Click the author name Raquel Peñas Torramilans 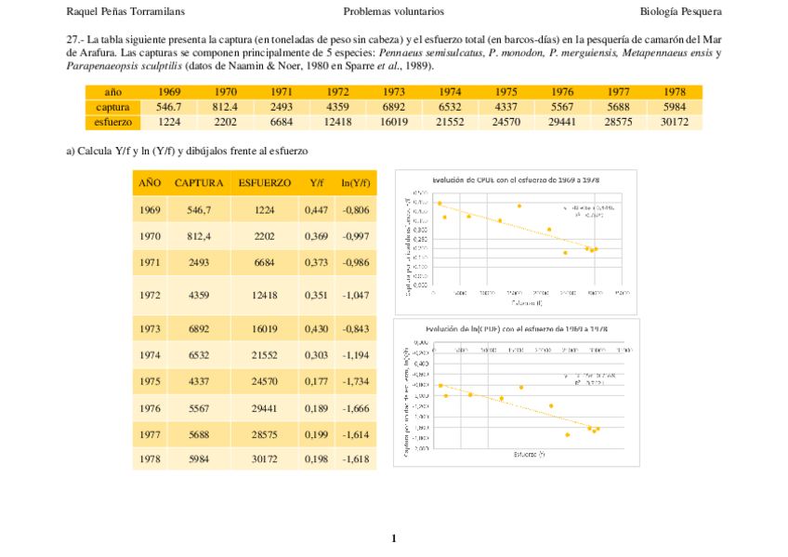click(x=125, y=11)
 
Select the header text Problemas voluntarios click(x=393, y=11)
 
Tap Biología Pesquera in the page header click(x=680, y=11)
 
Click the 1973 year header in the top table click(x=393, y=92)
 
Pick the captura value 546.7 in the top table click(x=169, y=107)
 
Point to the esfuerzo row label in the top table click(x=112, y=122)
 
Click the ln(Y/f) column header click(x=356, y=183)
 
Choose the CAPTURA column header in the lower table click(x=199, y=183)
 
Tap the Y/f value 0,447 click(x=316, y=210)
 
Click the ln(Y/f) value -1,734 click(x=356, y=381)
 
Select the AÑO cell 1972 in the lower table click(x=150, y=295)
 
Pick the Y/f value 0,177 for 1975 click(x=316, y=381)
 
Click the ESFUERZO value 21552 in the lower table click(x=264, y=355)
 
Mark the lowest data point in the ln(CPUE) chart click(x=567, y=434)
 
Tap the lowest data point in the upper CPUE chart click(x=565, y=253)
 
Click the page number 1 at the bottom click(x=394, y=537)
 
